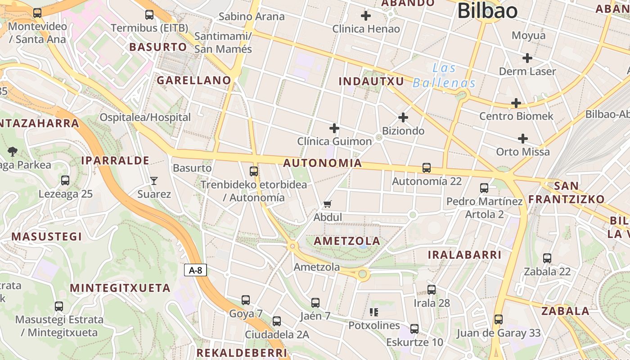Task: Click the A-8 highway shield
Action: pyautogui.click(x=195, y=270)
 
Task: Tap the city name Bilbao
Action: pyautogui.click(x=487, y=10)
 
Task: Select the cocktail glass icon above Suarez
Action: pyautogui.click(x=154, y=181)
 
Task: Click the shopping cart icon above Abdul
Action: pyautogui.click(x=328, y=204)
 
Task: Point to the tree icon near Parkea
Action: pyautogui.click(x=13, y=152)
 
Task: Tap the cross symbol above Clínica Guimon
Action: pyautogui.click(x=334, y=128)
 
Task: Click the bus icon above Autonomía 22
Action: pyautogui.click(x=427, y=168)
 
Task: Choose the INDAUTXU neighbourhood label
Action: pyautogui.click(x=372, y=81)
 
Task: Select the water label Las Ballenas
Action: pyautogui.click(x=444, y=76)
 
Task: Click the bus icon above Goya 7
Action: pyautogui.click(x=245, y=300)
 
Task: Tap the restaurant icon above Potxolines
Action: pyautogui.click(x=373, y=312)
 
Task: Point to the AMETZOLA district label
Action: pyautogui.click(x=347, y=241)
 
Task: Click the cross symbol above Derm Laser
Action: pyautogui.click(x=527, y=58)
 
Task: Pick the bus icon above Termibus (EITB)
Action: pyautogui.click(x=149, y=15)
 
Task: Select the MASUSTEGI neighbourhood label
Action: pyautogui.click(x=47, y=237)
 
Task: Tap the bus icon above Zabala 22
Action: pyautogui.click(x=547, y=258)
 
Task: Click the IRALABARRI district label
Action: pyautogui.click(x=464, y=255)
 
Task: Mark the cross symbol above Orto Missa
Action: pyautogui.click(x=523, y=138)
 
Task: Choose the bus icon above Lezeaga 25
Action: pyautogui.click(x=65, y=180)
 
